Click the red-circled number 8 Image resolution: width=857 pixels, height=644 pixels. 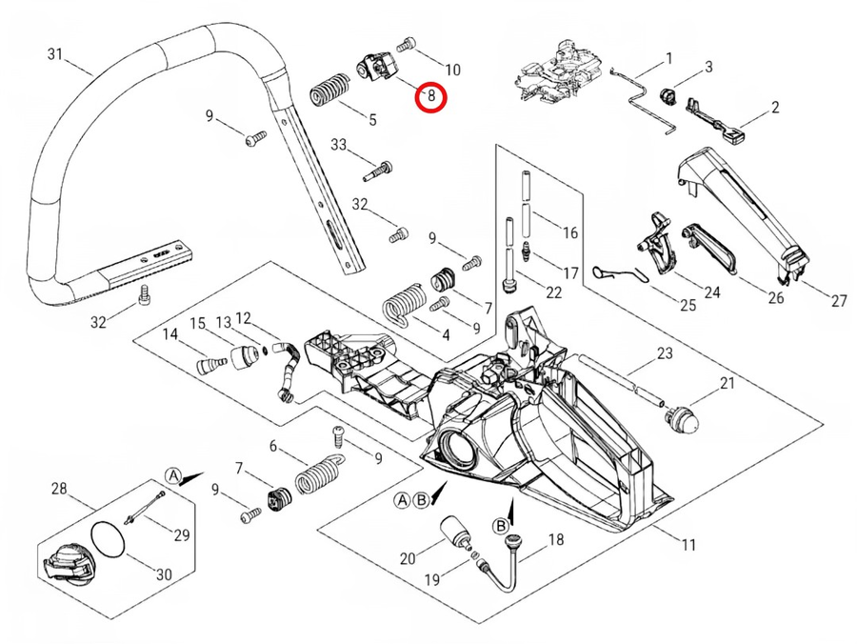431,95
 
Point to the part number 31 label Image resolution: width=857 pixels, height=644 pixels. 56,53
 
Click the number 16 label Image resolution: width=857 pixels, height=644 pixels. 570,232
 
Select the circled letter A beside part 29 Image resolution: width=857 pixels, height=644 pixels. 173,474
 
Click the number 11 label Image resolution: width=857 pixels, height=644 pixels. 688,545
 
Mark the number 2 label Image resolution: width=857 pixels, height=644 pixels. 775,108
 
